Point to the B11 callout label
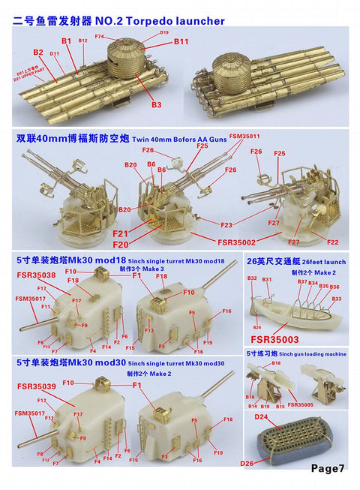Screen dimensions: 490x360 [x=180, y=42]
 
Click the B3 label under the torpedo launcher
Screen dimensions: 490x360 [x=156, y=105]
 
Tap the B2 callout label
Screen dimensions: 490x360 [x=38, y=52]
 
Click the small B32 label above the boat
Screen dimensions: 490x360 [x=252, y=278]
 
